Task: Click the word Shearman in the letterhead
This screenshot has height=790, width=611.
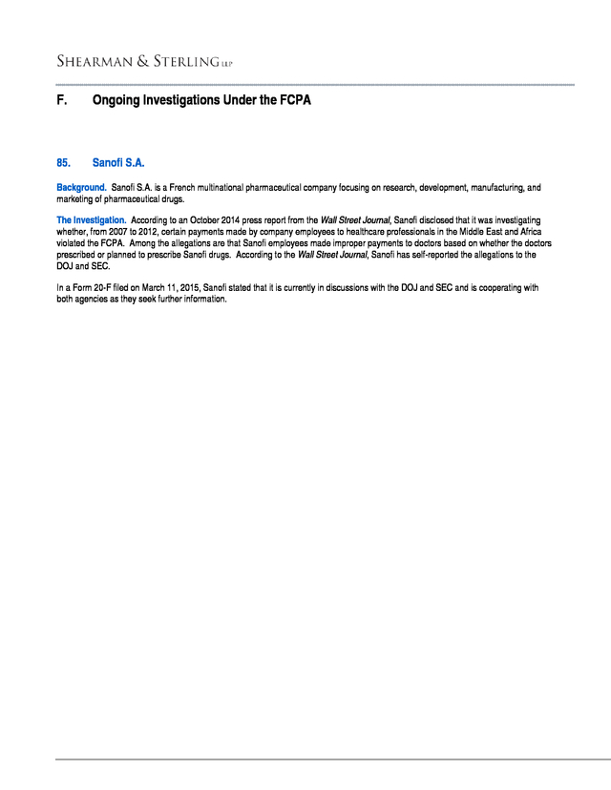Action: [93, 62]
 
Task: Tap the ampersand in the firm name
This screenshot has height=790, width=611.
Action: [142, 62]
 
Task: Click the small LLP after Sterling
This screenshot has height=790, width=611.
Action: [227, 65]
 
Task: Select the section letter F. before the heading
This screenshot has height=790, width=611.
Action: [61, 99]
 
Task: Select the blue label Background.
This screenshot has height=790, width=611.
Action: [81, 188]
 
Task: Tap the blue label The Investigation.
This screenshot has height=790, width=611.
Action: [91, 220]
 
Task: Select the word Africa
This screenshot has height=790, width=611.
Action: [537, 232]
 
